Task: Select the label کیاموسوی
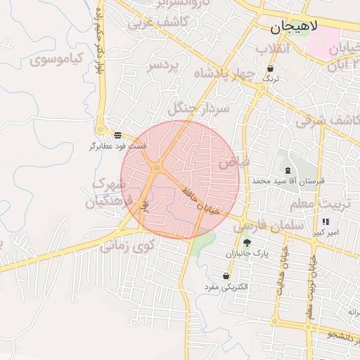point(58,58)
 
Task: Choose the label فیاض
point(233,162)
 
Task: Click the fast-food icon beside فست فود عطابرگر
point(117,134)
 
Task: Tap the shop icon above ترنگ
point(271,69)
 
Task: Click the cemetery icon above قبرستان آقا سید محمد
point(288,170)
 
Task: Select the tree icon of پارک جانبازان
point(246,243)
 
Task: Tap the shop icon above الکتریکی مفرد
point(226,276)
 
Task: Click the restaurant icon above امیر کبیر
point(326,221)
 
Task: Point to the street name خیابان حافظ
point(201,200)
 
